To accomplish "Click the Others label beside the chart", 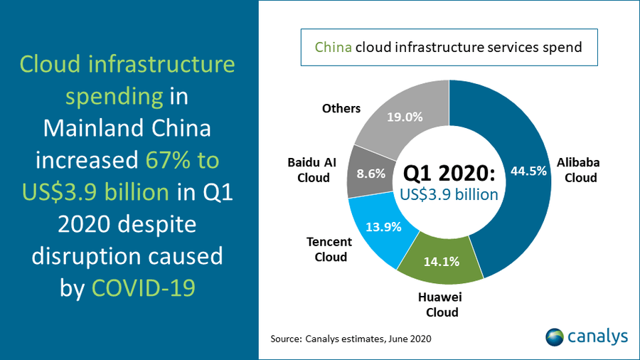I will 341,108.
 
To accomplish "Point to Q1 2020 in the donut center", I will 447,173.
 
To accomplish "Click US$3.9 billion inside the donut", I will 448,194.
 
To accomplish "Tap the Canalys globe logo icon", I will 555,337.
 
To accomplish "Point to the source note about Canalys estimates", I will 351,338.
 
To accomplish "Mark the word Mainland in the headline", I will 87,128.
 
